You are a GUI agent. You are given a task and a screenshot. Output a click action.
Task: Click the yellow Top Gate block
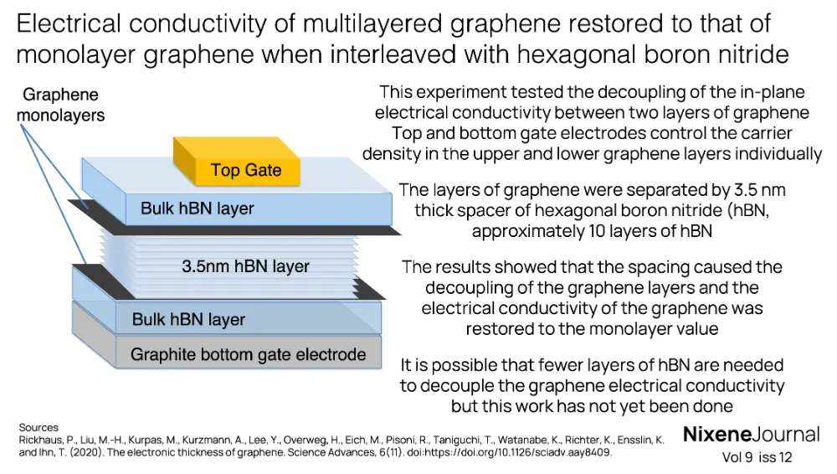pyautogui.click(x=245, y=170)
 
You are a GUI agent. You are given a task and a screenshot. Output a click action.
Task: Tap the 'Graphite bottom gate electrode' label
pyautogui.click(x=248, y=354)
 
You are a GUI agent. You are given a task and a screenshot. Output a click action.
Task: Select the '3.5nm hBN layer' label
pyautogui.click(x=245, y=266)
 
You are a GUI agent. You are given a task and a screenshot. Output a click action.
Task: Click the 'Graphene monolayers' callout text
pyautogui.click(x=60, y=106)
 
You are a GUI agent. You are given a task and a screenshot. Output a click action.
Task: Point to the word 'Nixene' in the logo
pyautogui.click(x=716, y=435)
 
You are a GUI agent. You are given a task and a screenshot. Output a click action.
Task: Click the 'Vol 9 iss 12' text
pyautogui.click(x=757, y=458)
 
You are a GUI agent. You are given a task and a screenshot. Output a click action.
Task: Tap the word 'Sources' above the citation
pyautogui.click(x=39, y=428)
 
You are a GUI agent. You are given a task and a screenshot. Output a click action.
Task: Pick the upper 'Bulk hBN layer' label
pyautogui.click(x=197, y=208)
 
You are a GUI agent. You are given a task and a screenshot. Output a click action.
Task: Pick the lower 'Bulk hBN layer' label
pyautogui.click(x=188, y=319)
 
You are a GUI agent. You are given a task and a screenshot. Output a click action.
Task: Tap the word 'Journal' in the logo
pyautogui.click(x=785, y=435)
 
